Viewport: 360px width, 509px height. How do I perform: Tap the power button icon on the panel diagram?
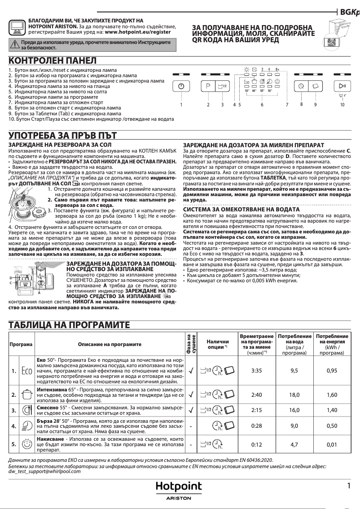coord(181,86)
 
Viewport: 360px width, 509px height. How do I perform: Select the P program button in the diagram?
coord(208,86)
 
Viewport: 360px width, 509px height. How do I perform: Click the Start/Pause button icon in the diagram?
coord(342,86)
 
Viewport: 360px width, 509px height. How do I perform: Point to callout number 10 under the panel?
coord(342,104)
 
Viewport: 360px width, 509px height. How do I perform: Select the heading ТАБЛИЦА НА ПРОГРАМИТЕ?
coord(70,325)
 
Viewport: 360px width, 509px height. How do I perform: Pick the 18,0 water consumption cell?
coord(294,395)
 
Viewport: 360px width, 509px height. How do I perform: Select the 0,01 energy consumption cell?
coord(332,444)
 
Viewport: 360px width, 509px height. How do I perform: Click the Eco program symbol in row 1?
coord(26,371)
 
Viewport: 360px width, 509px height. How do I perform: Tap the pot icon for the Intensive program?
coord(26,395)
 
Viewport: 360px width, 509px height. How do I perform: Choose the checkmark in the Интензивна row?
coord(191,395)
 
